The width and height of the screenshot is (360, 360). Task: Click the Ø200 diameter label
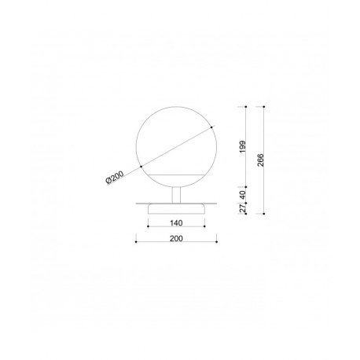pyautogui.click(x=115, y=178)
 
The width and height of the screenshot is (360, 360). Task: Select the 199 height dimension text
pyautogui.click(x=243, y=147)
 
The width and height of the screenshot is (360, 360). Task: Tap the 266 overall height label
pyautogui.click(x=261, y=160)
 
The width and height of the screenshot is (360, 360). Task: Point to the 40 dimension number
pyautogui.click(x=243, y=195)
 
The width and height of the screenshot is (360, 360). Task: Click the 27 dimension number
pyautogui.click(x=243, y=208)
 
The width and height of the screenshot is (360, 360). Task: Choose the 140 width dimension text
pyautogui.click(x=176, y=223)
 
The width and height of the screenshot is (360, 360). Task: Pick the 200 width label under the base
pyautogui.click(x=176, y=239)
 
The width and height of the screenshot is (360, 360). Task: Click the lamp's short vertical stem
pyautogui.click(x=176, y=195)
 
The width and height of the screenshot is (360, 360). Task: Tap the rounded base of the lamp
pyautogui.click(x=176, y=209)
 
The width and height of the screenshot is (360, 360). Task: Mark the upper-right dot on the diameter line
pyautogui.click(x=211, y=127)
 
